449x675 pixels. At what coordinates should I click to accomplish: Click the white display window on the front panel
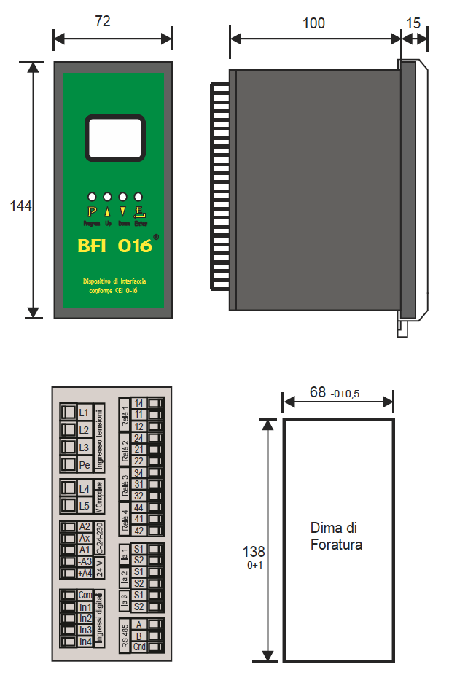tap(114, 138)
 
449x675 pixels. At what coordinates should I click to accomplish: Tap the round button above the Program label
tap(92, 197)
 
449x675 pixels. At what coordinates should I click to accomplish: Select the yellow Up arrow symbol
tap(108, 211)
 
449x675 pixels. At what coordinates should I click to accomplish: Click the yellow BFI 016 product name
tap(114, 246)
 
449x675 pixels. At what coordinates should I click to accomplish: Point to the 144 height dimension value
tap(20, 206)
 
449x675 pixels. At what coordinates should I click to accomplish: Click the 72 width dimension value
tap(103, 21)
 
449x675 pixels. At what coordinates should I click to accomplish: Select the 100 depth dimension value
tap(313, 23)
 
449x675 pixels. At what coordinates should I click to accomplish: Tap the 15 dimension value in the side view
tap(413, 23)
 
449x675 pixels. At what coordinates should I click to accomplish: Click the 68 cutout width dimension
tap(318, 393)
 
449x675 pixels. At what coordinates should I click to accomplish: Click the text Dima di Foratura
tap(336, 536)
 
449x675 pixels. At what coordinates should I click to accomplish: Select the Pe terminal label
tap(85, 464)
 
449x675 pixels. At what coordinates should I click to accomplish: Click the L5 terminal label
tap(85, 505)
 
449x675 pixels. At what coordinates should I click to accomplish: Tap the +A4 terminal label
tap(85, 573)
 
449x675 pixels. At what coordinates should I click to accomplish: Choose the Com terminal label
tap(85, 596)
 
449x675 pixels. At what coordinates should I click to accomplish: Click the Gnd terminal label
tap(139, 647)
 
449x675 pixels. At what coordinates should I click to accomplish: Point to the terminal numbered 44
tap(138, 507)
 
